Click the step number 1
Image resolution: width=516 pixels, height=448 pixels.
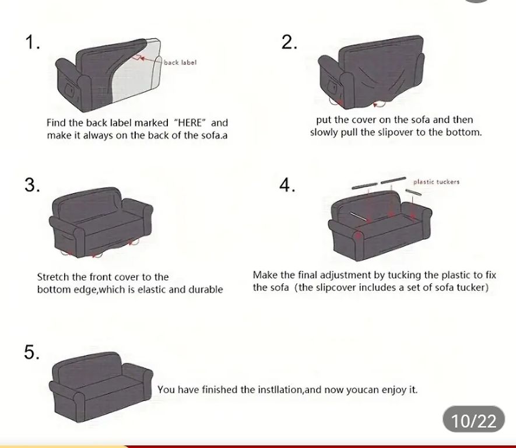pyautogui.click(x=32, y=43)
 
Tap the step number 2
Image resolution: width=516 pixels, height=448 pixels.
pyautogui.click(x=289, y=43)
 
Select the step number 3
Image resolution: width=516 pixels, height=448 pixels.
pyautogui.click(x=32, y=185)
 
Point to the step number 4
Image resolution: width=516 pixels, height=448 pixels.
pyautogui.click(x=287, y=185)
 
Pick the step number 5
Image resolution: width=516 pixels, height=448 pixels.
pyautogui.click(x=32, y=352)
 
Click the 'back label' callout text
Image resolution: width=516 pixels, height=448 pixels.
pyautogui.click(x=180, y=62)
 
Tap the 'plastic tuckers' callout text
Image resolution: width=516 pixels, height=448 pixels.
pyautogui.click(x=436, y=181)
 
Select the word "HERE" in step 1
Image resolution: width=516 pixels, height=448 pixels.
pyautogui.click(x=189, y=123)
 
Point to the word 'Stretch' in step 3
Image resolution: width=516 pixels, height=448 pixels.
pyautogui.click(x=52, y=277)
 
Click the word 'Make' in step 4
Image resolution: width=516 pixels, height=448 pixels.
pyautogui.click(x=264, y=275)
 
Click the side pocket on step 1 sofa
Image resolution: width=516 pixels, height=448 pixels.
pyautogui.click(x=70, y=89)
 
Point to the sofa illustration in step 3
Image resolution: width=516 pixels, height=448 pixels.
pyautogui.click(x=101, y=223)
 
